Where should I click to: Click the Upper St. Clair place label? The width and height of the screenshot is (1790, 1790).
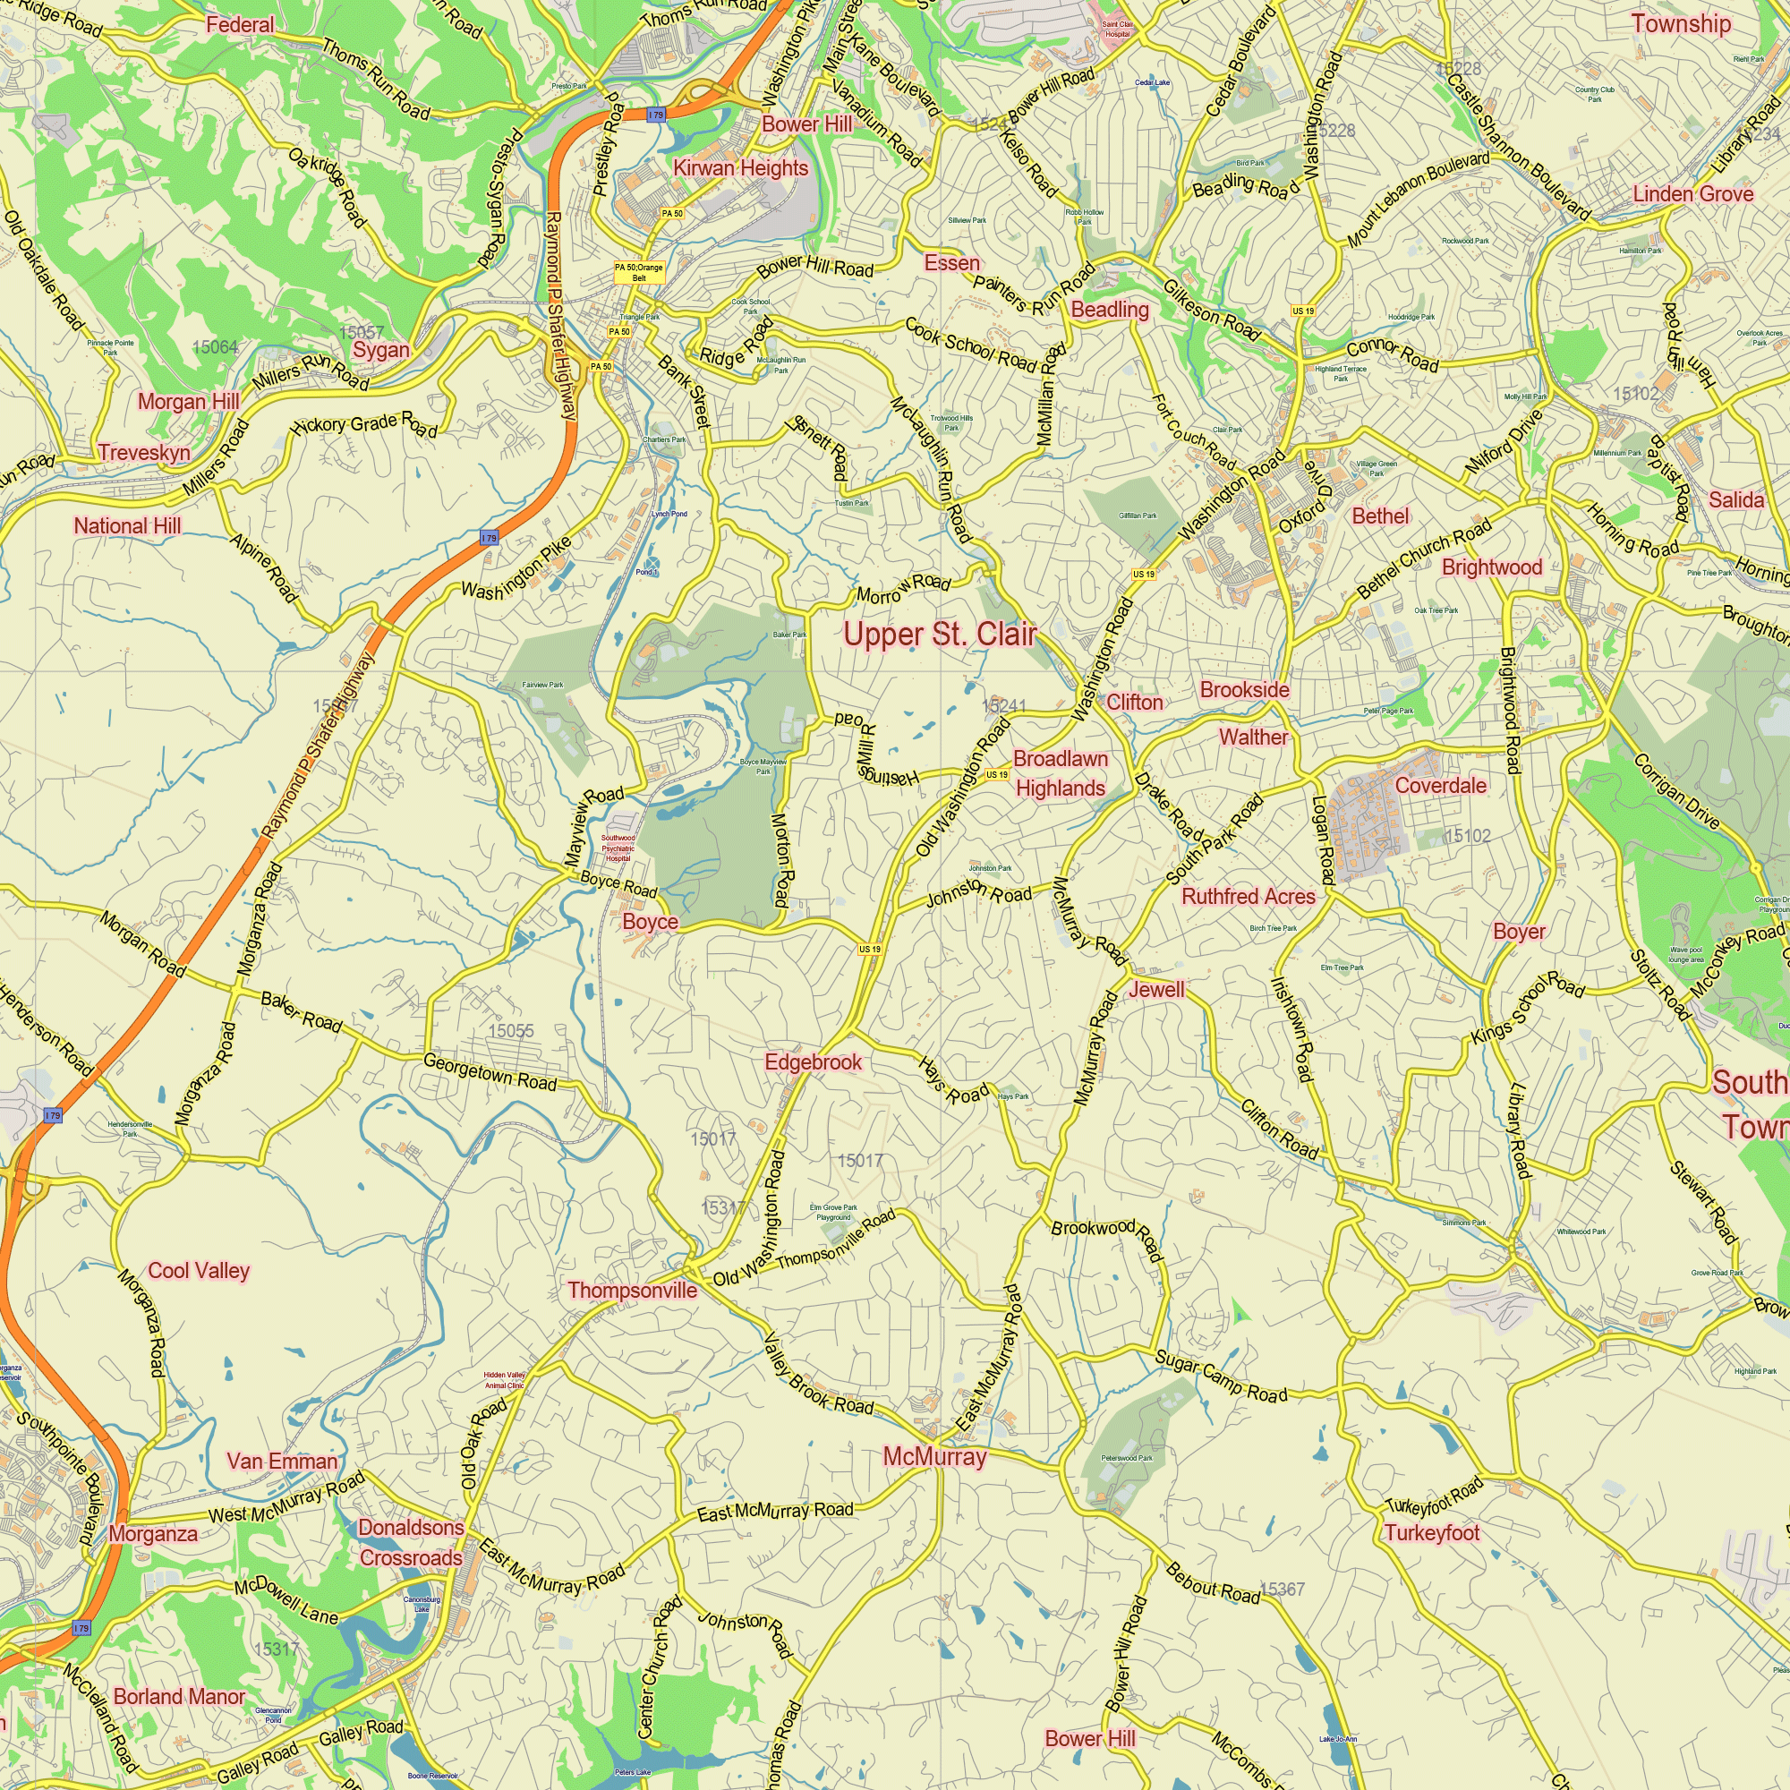pyautogui.click(x=939, y=635)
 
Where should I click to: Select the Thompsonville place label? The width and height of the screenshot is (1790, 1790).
pyautogui.click(x=632, y=1291)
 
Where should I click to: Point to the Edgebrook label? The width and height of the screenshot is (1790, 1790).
pyautogui.click(x=813, y=1061)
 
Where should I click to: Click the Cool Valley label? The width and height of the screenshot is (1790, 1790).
pyautogui.click(x=199, y=1270)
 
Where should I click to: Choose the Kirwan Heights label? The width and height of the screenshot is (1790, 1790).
pyautogui.click(x=740, y=167)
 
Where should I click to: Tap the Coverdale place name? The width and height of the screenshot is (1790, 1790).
pyautogui.click(x=1440, y=786)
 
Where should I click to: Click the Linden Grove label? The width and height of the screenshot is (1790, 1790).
pyautogui.click(x=1692, y=193)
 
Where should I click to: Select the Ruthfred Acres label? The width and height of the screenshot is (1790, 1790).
pyautogui.click(x=1248, y=896)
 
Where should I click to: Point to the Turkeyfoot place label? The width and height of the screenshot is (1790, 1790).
pyautogui.click(x=1431, y=1533)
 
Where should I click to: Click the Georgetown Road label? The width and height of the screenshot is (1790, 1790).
pyautogui.click(x=490, y=1072)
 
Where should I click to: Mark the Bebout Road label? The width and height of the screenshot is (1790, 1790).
pyautogui.click(x=1213, y=1583)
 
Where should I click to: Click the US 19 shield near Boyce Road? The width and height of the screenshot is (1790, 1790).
pyautogui.click(x=869, y=949)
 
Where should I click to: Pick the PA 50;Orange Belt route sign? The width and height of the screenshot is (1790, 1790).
pyautogui.click(x=639, y=272)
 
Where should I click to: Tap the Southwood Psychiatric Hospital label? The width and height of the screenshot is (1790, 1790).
pyautogui.click(x=618, y=848)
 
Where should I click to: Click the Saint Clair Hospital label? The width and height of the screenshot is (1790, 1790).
pyautogui.click(x=1117, y=30)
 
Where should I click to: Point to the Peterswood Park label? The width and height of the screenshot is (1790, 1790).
pyautogui.click(x=1127, y=1458)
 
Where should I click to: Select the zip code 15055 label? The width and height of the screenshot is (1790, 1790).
pyautogui.click(x=510, y=1031)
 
